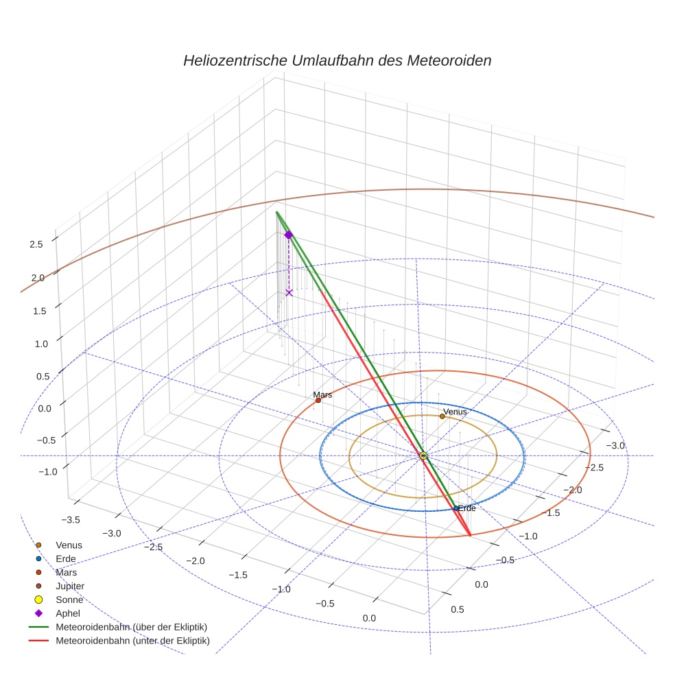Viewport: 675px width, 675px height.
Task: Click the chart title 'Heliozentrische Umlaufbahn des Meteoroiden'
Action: pos(337,60)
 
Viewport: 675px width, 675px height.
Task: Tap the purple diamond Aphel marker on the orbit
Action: pos(289,235)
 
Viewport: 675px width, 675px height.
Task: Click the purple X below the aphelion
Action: pos(289,293)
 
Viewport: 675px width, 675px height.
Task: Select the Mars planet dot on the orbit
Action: pos(318,401)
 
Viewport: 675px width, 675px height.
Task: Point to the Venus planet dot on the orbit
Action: pos(442,416)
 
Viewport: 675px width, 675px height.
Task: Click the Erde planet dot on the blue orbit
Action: pos(455,508)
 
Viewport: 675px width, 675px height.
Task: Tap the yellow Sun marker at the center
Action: pos(423,455)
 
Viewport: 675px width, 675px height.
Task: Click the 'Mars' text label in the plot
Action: pos(322,394)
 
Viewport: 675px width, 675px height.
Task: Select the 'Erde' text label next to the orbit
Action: pos(466,508)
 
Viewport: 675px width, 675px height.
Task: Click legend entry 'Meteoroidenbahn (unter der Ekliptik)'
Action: pos(132,641)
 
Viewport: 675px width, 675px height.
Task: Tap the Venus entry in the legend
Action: pos(69,545)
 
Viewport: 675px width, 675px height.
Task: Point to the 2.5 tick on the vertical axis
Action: pos(36,244)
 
